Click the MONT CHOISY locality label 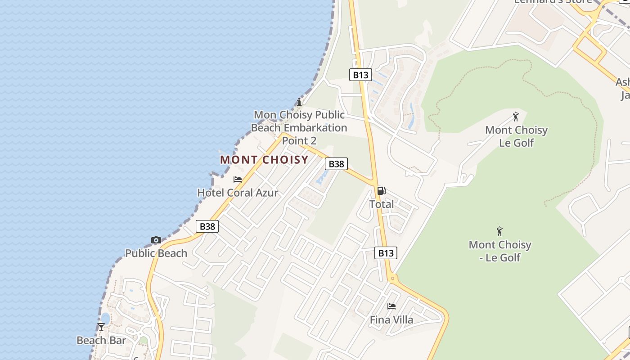pyautogui.click(x=264, y=160)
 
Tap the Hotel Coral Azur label pyautogui.click(x=238, y=193)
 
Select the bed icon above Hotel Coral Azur pyautogui.click(x=238, y=180)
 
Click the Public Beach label pyautogui.click(x=156, y=253)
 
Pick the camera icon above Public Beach pyautogui.click(x=156, y=240)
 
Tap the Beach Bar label pyautogui.click(x=101, y=340)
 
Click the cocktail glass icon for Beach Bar pyautogui.click(x=101, y=327)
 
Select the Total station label pyautogui.click(x=382, y=204)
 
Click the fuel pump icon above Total pyautogui.click(x=382, y=191)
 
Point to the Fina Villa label pyautogui.click(x=391, y=320)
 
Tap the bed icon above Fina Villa pyautogui.click(x=391, y=306)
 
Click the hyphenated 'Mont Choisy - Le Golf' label pyautogui.click(x=500, y=251)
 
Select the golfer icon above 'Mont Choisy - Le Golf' pyautogui.click(x=499, y=232)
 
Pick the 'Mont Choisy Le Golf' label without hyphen pyautogui.click(x=516, y=136)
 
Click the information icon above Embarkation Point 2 pyautogui.click(x=299, y=102)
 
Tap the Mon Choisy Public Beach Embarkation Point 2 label pyautogui.click(x=299, y=128)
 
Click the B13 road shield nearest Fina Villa pyautogui.click(x=386, y=253)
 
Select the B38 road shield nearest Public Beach pyautogui.click(x=207, y=226)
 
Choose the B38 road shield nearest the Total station pyautogui.click(x=336, y=164)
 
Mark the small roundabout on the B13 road pyautogui.click(x=392, y=279)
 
